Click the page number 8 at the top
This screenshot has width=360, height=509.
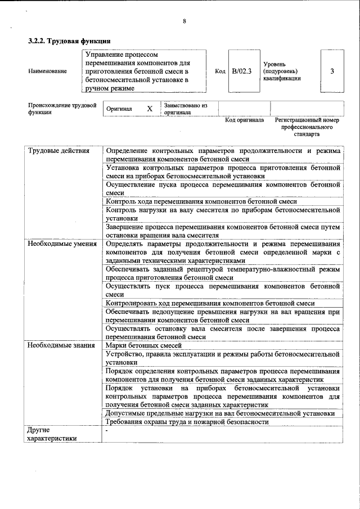click(x=184, y=22)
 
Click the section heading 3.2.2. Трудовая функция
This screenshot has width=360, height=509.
click(x=69, y=41)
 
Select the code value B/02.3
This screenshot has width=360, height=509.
click(x=242, y=71)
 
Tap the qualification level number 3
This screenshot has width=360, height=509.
click(x=332, y=71)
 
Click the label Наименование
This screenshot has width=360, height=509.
click(x=47, y=71)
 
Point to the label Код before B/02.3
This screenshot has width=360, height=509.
click(x=220, y=71)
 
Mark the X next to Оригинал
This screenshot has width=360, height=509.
click(x=150, y=109)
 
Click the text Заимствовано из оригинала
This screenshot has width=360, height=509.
click(x=186, y=109)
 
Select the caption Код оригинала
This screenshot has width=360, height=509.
click(x=244, y=120)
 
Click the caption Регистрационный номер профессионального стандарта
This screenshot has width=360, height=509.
click(x=307, y=127)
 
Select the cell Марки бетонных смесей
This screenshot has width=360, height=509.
click(x=143, y=345)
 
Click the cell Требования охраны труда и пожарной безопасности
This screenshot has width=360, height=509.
click(x=187, y=422)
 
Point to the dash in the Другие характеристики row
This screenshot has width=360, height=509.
click(x=106, y=430)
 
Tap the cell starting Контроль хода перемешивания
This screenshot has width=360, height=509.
click(x=201, y=201)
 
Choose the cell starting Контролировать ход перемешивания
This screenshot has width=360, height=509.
click(x=210, y=303)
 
